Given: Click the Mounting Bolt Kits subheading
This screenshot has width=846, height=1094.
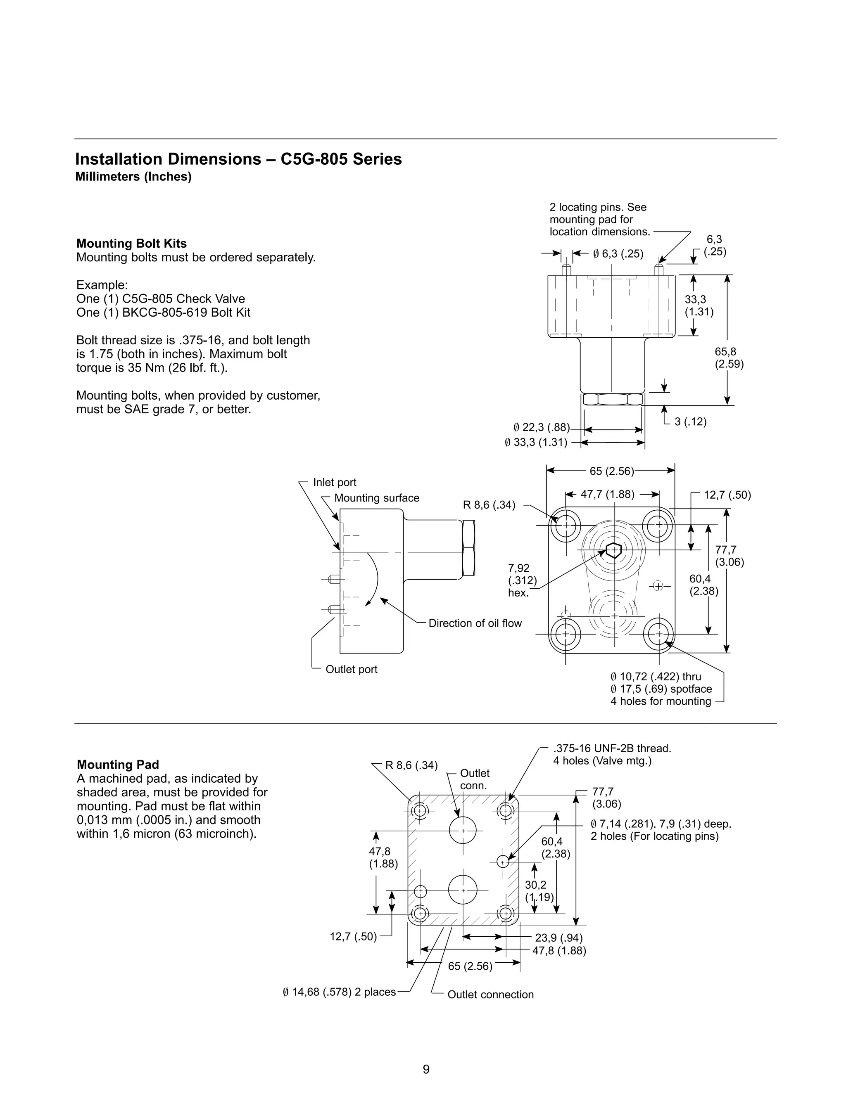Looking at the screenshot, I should (131, 244).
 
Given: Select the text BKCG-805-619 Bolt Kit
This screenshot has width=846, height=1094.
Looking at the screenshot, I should (186, 313).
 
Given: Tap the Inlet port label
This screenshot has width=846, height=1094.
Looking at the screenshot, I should (334, 482).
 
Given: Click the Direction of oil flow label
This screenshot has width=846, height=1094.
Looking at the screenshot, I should (475, 623).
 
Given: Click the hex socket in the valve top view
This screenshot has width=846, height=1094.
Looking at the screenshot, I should (613, 550).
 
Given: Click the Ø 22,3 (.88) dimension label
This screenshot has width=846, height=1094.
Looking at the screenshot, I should (541, 427).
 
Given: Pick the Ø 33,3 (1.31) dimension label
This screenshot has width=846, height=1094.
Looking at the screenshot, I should (536, 442).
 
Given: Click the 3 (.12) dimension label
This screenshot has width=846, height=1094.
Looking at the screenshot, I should (690, 422).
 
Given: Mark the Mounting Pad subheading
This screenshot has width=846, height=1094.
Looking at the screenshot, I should (118, 765).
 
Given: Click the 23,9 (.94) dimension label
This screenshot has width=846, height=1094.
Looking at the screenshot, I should (558, 938).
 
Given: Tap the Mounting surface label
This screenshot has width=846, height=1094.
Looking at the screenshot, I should (376, 498).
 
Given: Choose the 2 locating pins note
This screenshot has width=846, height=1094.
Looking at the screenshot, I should (599, 219).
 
